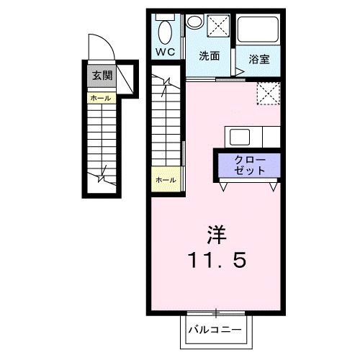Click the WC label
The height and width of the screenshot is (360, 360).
[166, 53]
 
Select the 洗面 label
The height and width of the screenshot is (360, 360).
[210, 55]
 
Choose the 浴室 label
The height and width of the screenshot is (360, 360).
[259, 59]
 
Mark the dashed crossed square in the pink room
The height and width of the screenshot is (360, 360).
[269, 93]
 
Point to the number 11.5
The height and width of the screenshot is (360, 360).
[217, 259]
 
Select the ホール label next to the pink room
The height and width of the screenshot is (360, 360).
[165, 179]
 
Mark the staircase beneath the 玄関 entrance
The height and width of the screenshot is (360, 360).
[101, 144]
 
